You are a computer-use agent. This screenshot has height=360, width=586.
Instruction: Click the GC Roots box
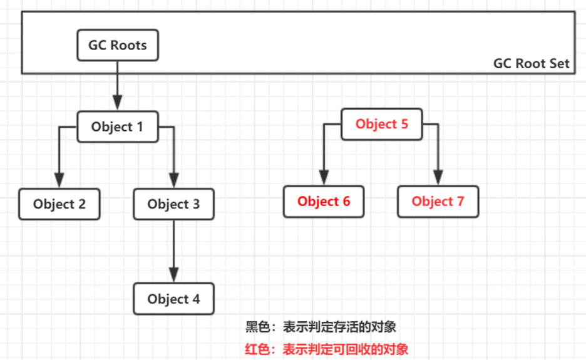117,45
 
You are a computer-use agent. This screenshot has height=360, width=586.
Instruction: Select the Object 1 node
117,126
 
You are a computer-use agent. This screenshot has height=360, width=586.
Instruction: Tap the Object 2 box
59,204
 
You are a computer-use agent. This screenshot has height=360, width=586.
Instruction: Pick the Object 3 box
173,204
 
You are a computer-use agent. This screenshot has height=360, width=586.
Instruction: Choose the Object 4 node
173,299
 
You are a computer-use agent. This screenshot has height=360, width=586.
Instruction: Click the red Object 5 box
381,124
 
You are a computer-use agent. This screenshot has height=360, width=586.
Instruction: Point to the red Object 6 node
324,201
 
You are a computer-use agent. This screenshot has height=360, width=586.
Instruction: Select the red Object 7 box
438,201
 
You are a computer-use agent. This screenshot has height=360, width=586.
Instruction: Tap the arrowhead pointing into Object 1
117,103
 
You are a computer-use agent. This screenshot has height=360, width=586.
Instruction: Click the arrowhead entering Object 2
59,180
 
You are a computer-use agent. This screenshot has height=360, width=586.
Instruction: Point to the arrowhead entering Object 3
173,180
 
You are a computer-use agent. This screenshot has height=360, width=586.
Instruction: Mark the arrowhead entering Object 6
324,177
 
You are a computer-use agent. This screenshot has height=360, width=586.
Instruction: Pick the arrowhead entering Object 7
438,177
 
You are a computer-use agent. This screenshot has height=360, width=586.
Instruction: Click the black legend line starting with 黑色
321,327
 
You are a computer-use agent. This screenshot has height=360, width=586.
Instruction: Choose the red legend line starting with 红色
326,349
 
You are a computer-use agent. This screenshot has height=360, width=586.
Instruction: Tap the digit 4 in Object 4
196,299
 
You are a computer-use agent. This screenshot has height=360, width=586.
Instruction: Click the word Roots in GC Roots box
128,45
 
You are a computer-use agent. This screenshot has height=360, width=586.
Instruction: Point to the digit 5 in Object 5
404,124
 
